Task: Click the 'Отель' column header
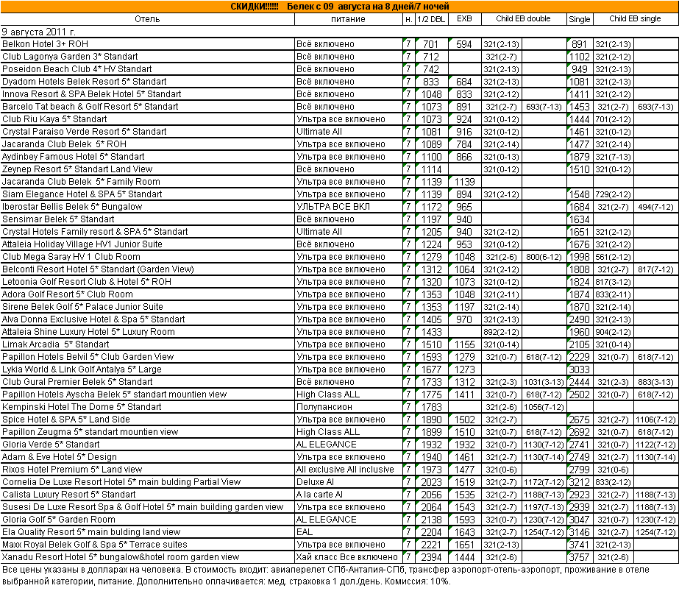(x=147, y=19)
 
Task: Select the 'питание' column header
(x=347, y=19)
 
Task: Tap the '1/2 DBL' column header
(x=430, y=19)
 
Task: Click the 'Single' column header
(x=579, y=19)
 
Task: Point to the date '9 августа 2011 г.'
(x=39, y=32)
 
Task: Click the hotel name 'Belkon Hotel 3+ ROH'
(x=45, y=44)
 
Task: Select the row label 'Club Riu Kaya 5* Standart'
(x=54, y=119)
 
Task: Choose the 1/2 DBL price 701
(x=431, y=44)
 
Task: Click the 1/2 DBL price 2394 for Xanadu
(x=431, y=557)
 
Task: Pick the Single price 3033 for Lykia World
(x=580, y=369)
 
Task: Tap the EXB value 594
(x=463, y=44)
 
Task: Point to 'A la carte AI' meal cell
(x=319, y=495)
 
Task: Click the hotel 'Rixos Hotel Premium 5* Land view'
(x=72, y=470)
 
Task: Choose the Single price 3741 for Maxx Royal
(x=580, y=545)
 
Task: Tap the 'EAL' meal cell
(x=305, y=532)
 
